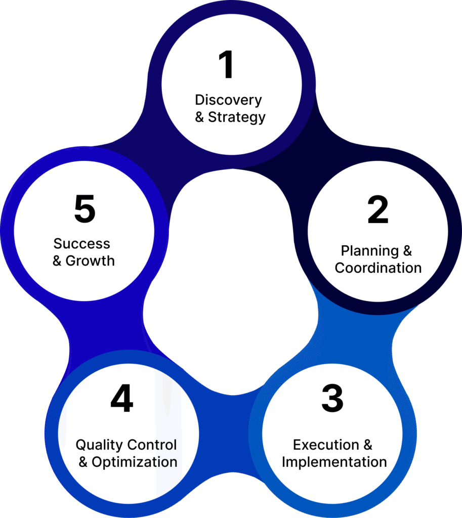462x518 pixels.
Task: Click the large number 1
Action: (x=226, y=66)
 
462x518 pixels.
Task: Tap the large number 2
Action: (x=377, y=210)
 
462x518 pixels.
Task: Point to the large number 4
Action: (x=122, y=399)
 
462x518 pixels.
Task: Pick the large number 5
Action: (x=85, y=209)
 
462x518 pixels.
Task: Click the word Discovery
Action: (x=228, y=100)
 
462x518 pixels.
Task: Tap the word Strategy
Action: (x=237, y=117)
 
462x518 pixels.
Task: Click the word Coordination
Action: (x=378, y=268)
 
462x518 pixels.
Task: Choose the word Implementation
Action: (x=334, y=462)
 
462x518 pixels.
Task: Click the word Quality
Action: (x=99, y=445)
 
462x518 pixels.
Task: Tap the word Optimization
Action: (x=135, y=462)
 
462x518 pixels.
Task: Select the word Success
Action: (x=82, y=244)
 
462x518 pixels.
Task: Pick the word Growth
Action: (x=90, y=261)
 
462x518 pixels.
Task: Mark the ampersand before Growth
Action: (x=57, y=261)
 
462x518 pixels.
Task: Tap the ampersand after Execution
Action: (x=367, y=445)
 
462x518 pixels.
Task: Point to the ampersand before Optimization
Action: (x=83, y=462)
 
